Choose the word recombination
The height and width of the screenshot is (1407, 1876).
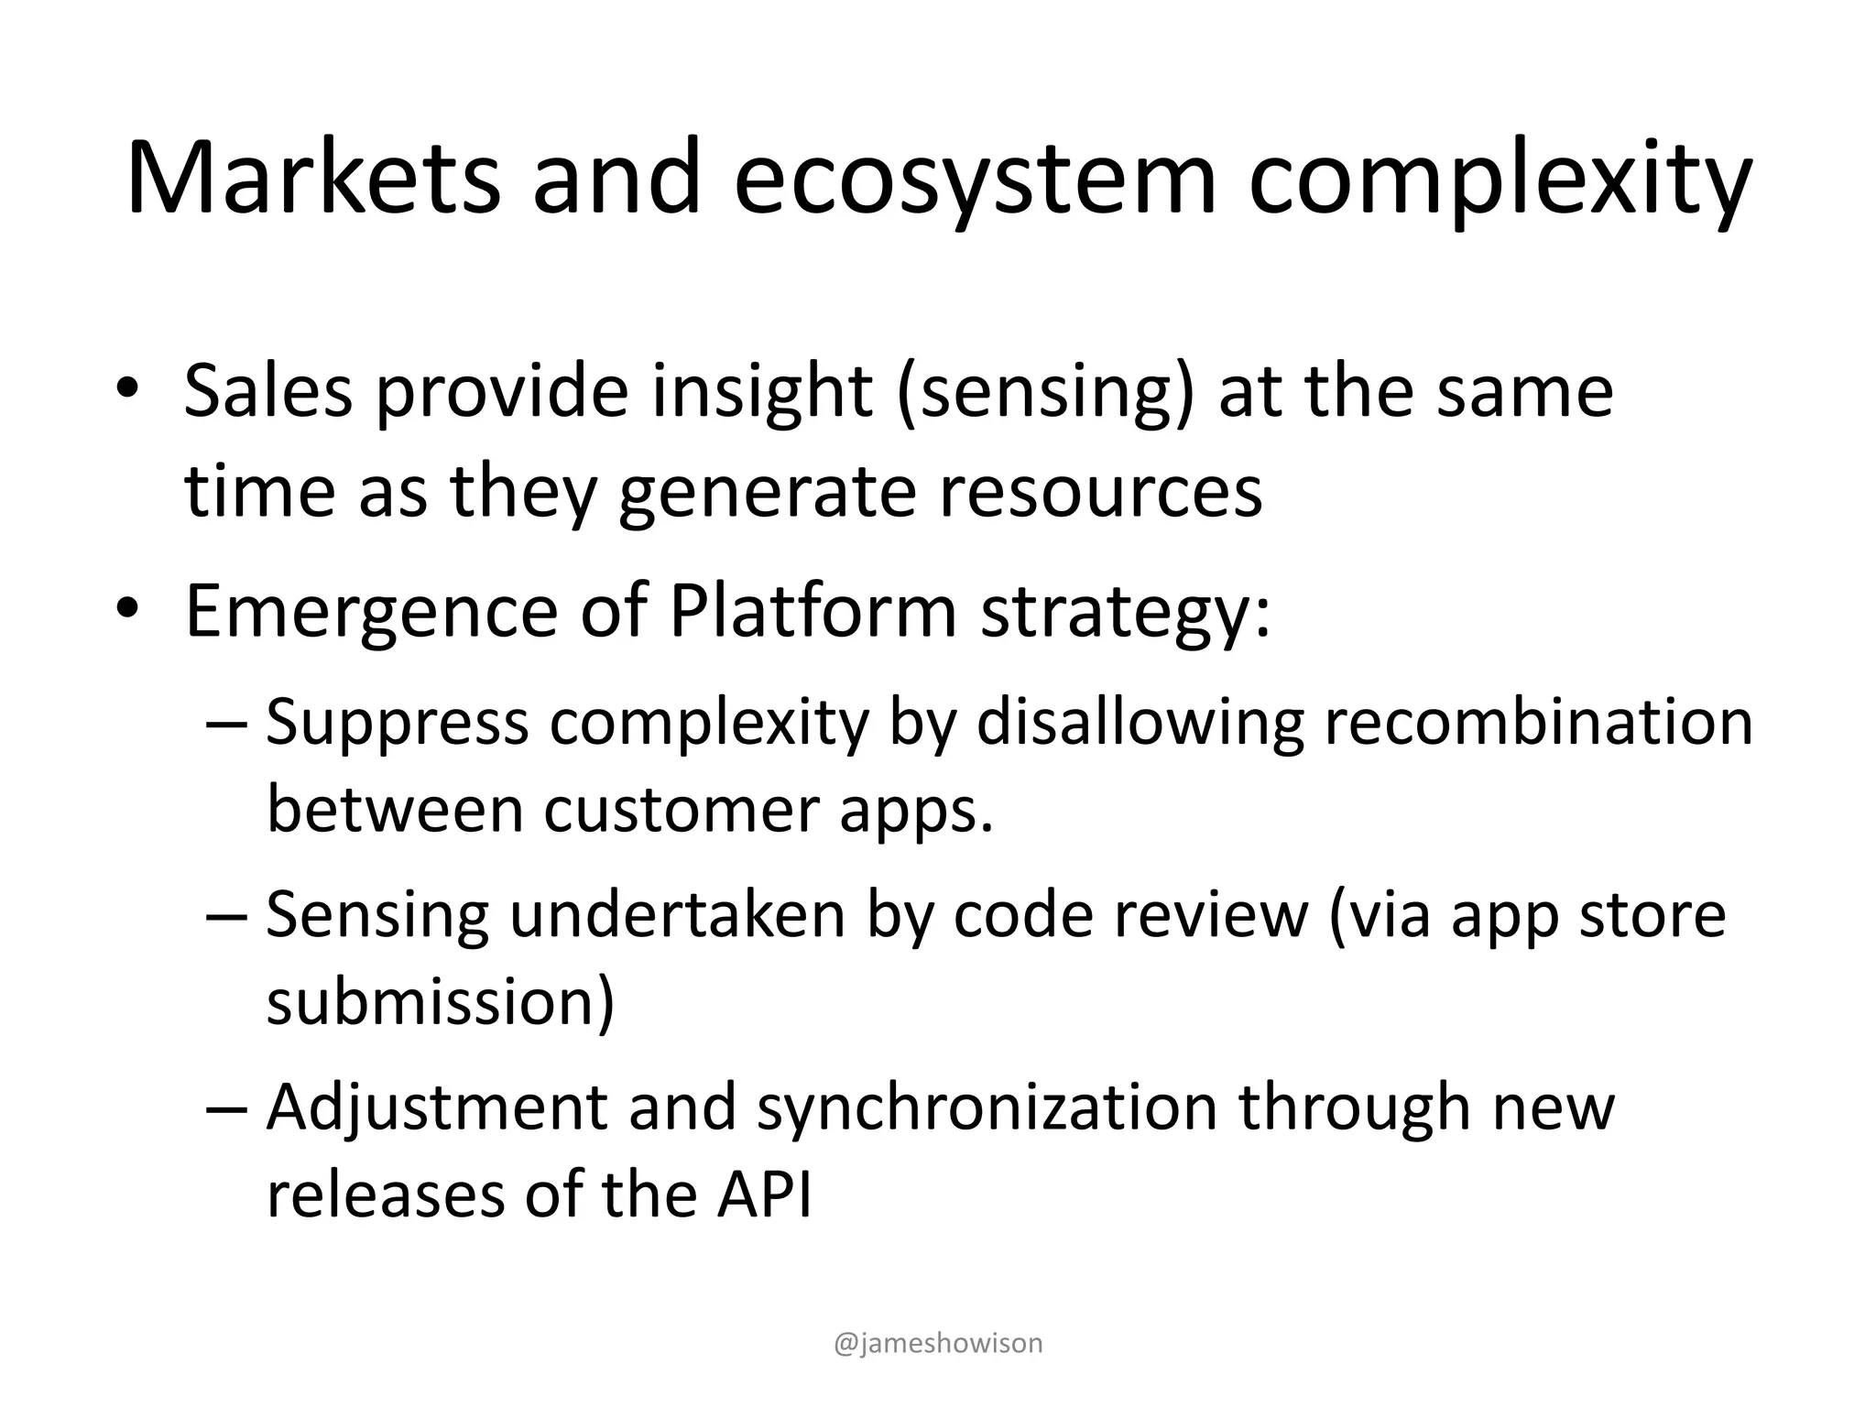pos(1538,721)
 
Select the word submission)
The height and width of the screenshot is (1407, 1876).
pos(440,1002)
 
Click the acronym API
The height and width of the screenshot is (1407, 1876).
pos(764,1194)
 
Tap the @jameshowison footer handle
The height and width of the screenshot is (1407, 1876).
pos(939,1343)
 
